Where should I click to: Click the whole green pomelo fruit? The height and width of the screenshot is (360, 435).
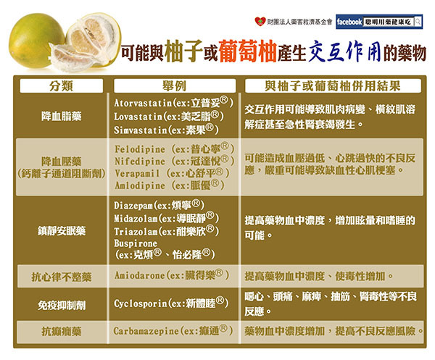click(x=36, y=41)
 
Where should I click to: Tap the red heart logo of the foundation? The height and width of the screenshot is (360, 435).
click(x=260, y=21)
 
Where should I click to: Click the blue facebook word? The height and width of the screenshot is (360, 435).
click(x=349, y=22)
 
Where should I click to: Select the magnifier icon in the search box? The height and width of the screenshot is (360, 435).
click(x=418, y=22)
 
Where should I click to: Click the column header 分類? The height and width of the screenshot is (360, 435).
click(x=62, y=86)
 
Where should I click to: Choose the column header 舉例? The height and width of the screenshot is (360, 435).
click(x=175, y=86)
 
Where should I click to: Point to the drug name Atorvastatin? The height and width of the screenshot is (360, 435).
click(x=143, y=103)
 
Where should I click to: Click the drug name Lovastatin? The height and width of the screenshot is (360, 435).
click(x=138, y=117)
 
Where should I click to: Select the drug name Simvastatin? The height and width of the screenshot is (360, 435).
click(x=141, y=130)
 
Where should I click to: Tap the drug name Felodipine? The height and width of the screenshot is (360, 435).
click(x=140, y=149)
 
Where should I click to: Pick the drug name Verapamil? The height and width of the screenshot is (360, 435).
click(x=137, y=174)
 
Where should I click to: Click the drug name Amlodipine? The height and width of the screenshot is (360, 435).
click(x=140, y=185)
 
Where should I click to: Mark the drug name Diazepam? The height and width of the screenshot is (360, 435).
click(x=133, y=206)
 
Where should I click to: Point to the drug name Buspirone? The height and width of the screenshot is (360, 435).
click(x=136, y=243)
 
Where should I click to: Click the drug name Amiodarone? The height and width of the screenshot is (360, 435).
click(x=140, y=275)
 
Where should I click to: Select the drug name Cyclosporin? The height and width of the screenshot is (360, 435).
click(x=141, y=304)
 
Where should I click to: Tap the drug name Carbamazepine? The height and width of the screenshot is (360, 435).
click(x=146, y=331)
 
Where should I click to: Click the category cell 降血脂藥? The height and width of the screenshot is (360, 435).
click(x=62, y=116)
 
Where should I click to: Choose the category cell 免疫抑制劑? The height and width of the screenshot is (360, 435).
click(x=62, y=306)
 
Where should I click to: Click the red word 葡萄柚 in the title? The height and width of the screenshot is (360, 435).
click(x=247, y=51)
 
